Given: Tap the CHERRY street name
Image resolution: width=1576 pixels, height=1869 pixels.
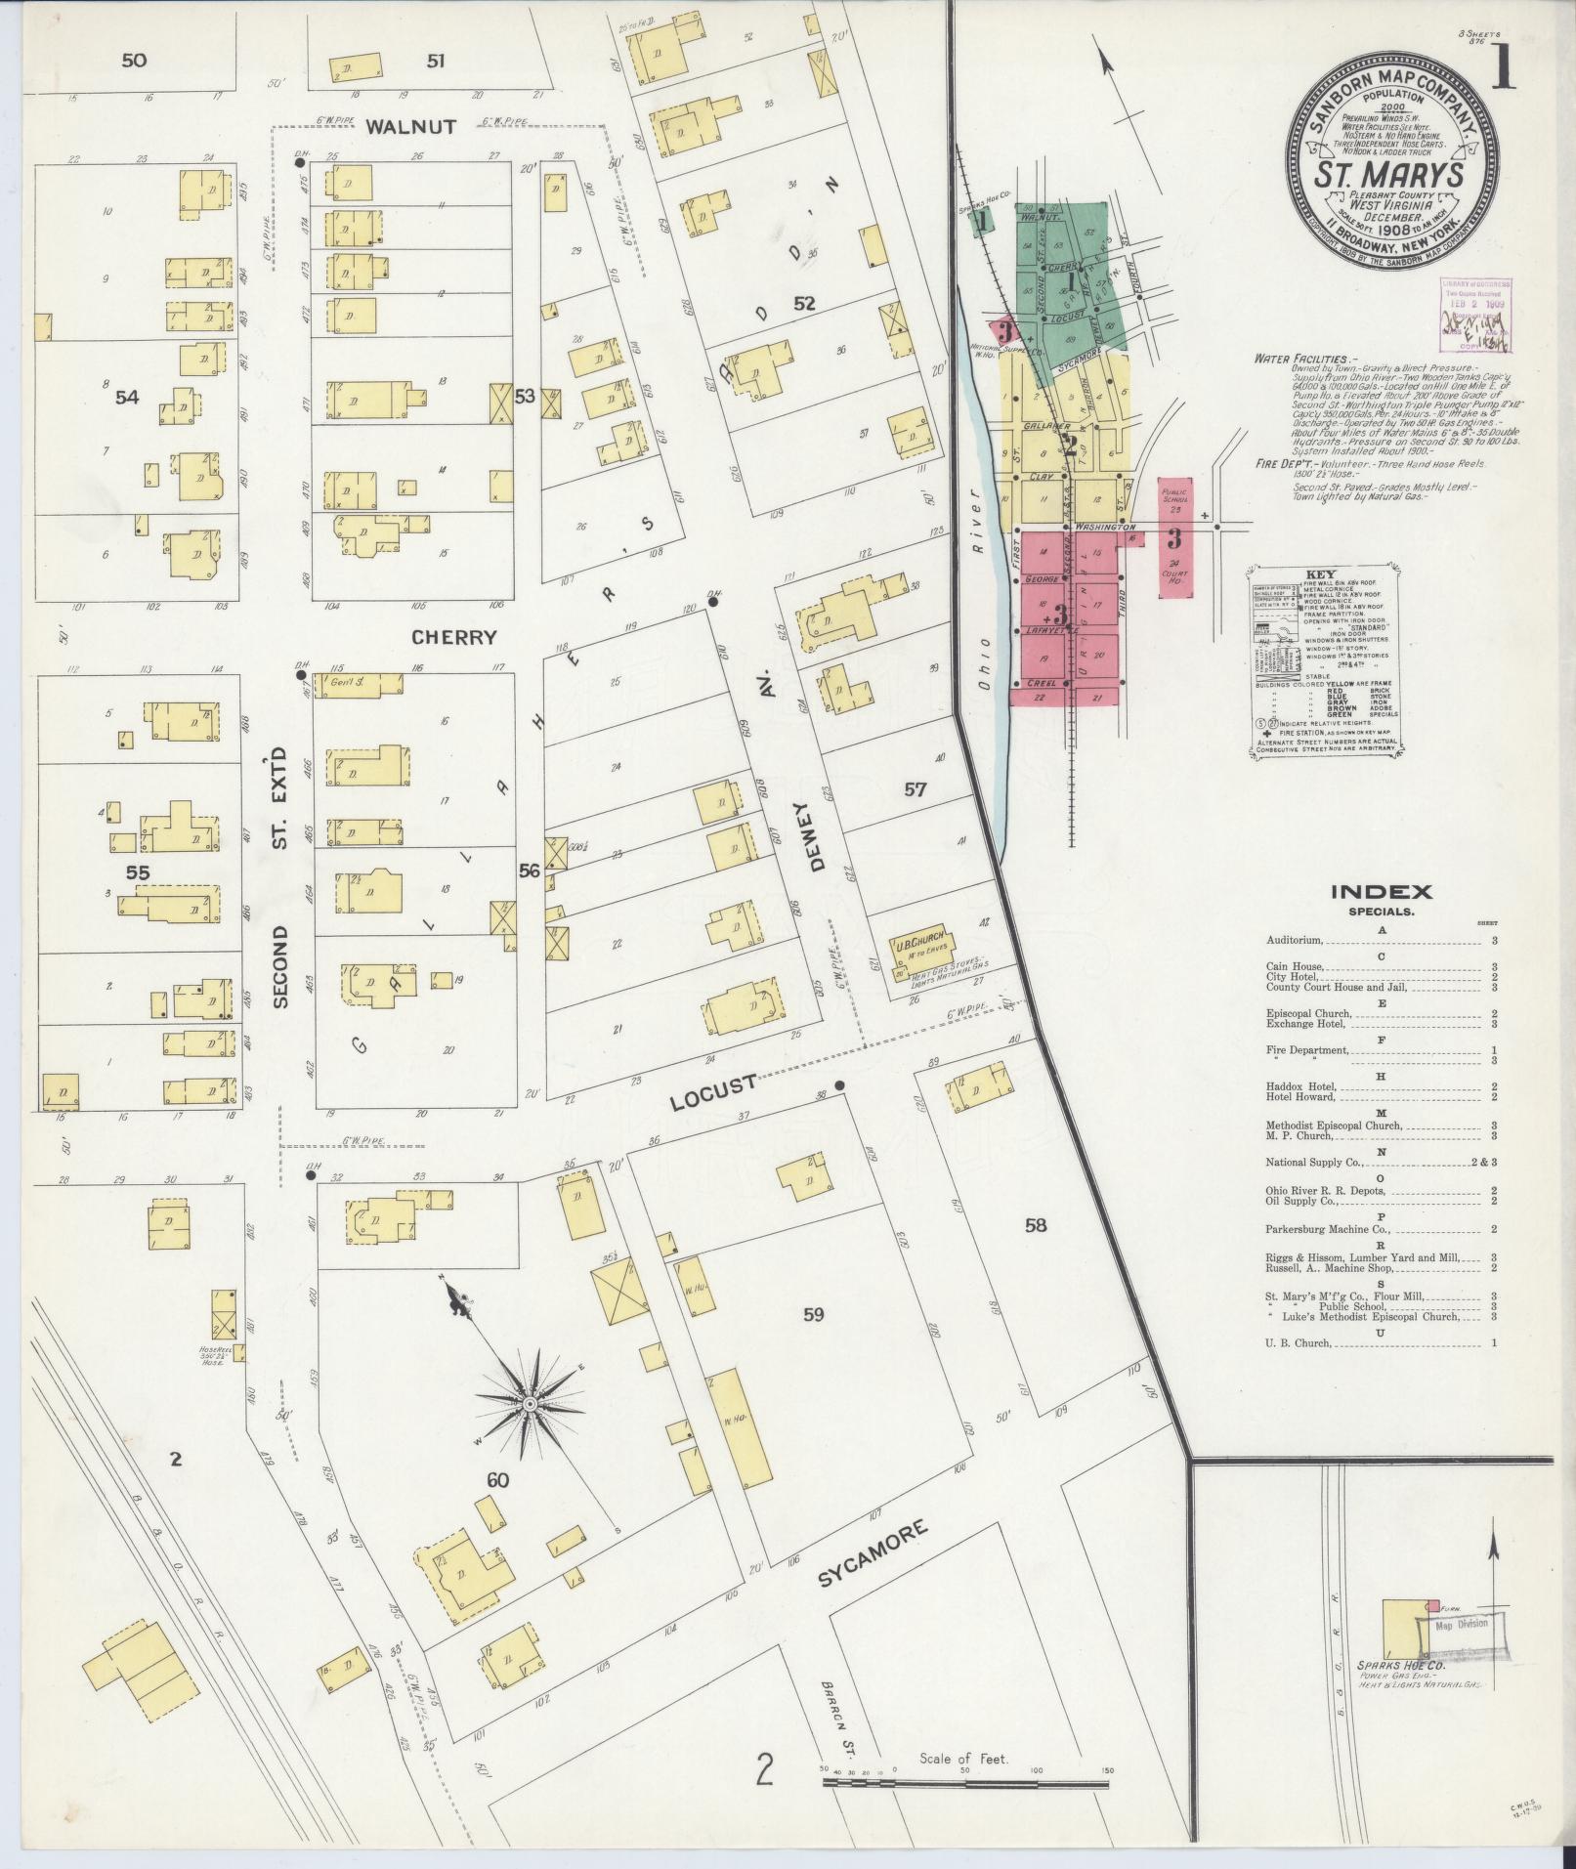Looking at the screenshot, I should tap(453, 637).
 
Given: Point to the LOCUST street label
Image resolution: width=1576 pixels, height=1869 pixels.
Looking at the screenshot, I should tap(714, 1093).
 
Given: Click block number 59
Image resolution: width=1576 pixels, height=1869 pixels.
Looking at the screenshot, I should tap(813, 1314).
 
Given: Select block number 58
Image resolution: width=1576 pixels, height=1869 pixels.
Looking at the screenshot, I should tap(1035, 1224).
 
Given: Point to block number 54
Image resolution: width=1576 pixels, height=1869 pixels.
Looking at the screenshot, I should tap(127, 397).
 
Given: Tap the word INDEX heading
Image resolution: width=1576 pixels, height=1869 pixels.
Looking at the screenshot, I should tap(1382, 891).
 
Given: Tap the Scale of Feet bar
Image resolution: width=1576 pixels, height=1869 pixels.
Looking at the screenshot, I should tap(965, 1783).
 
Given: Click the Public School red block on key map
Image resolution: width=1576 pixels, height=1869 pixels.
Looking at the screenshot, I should tap(1173, 500).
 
